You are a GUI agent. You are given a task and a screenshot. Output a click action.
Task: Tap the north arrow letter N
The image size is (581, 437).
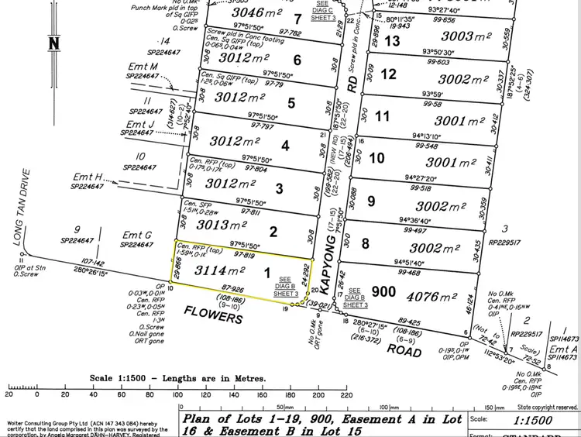click(x=53, y=43)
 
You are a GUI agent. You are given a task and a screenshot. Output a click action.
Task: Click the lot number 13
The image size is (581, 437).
click(x=392, y=40)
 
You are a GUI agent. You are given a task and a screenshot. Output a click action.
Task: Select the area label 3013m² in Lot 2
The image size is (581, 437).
click(x=222, y=225)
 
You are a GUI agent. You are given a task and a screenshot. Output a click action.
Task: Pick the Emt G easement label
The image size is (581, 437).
click(x=137, y=235)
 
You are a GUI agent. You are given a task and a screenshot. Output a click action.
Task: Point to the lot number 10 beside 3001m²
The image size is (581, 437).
click(x=376, y=158)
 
